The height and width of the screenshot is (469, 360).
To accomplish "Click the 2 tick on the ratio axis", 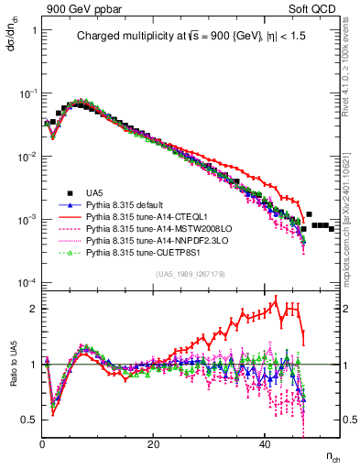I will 35,309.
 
